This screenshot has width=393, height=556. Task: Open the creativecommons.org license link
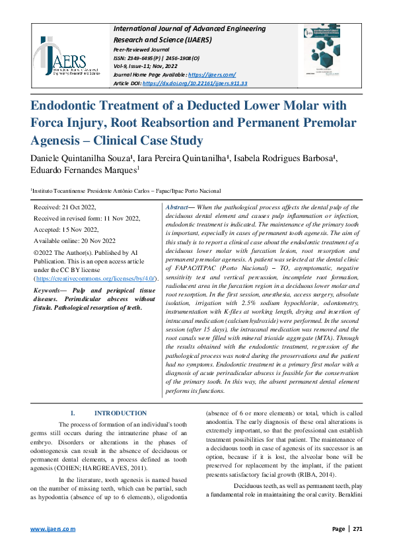click(x=94, y=279)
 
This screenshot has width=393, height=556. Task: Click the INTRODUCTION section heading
click(x=120, y=413)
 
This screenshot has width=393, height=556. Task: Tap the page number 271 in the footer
click(x=357, y=529)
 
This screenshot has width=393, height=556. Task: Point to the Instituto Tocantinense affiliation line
click(x=125, y=190)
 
